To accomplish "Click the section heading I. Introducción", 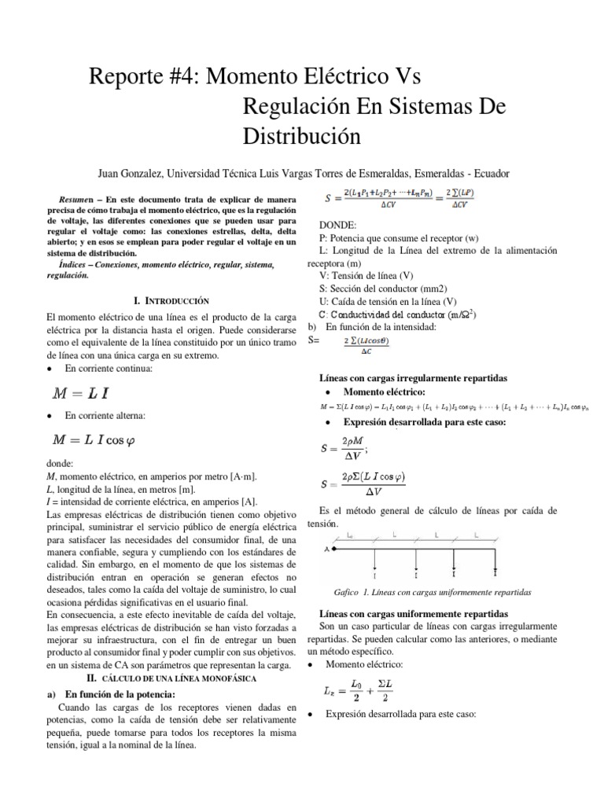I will click(171, 300).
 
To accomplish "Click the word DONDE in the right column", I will click(337, 224).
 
